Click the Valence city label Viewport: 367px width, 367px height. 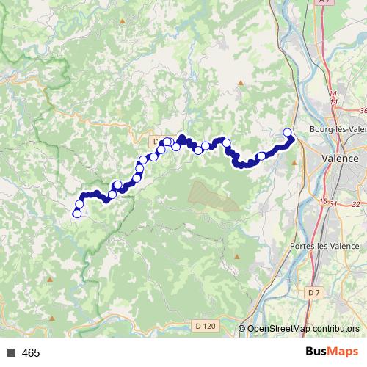[341, 159]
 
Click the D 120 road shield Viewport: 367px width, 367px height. [206, 325]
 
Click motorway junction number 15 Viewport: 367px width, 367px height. [323, 200]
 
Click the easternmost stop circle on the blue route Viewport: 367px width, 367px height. [288, 132]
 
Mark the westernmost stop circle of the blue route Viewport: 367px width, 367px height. [76, 214]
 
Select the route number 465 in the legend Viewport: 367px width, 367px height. [31, 353]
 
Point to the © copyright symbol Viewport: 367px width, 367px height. [243, 329]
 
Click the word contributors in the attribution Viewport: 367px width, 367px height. [335, 329]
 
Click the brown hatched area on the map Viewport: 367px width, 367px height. [213, 195]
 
